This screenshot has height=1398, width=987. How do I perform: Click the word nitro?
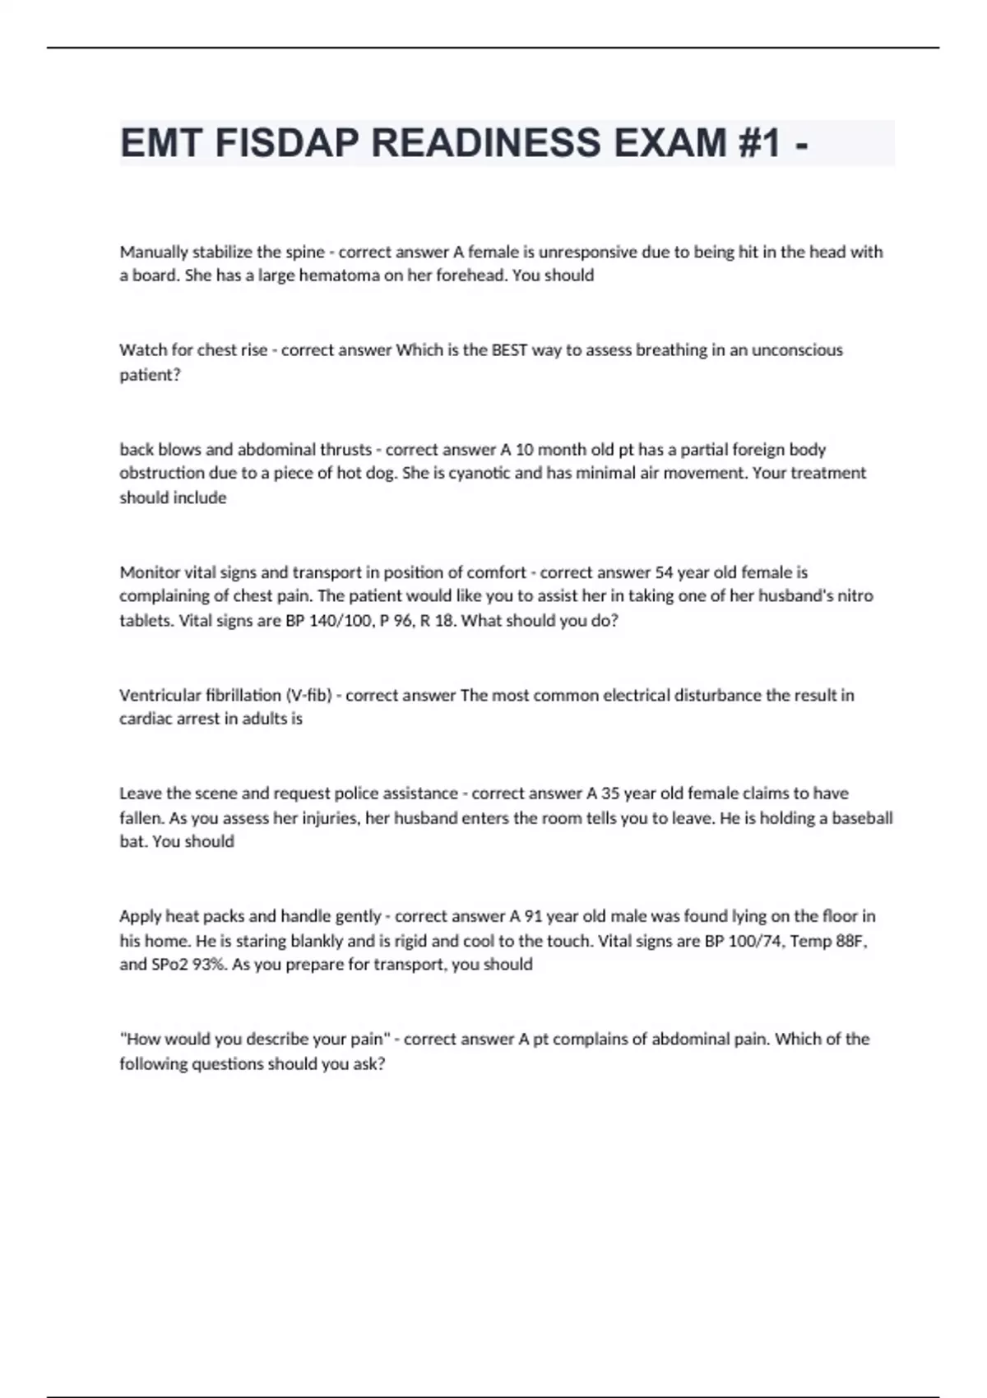852,595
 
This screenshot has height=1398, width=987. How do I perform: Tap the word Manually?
154,252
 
